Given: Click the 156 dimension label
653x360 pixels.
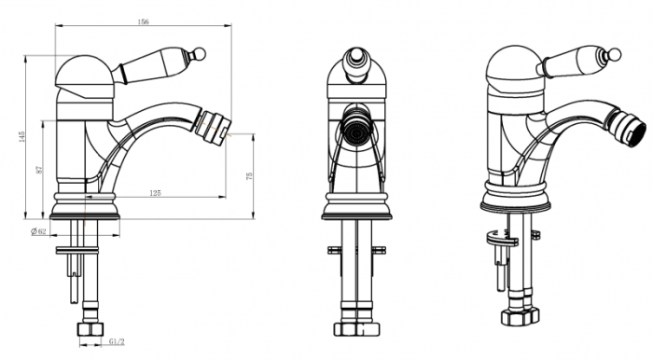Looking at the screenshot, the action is click(x=143, y=22).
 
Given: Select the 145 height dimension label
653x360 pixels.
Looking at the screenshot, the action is click(x=22, y=136).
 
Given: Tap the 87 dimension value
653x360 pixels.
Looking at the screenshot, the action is click(x=40, y=170).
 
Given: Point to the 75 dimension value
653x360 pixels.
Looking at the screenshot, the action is click(x=249, y=176).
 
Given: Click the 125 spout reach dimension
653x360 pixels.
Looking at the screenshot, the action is click(x=155, y=193).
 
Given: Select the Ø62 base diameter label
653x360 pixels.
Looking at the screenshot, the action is click(x=39, y=231).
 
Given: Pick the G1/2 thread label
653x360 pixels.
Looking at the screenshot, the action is click(x=117, y=341).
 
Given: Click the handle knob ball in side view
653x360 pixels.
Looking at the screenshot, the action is click(x=200, y=53).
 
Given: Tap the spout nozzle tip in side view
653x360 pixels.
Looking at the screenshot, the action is click(x=213, y=126).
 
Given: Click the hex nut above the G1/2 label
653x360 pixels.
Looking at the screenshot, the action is click(x=90, y=329).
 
